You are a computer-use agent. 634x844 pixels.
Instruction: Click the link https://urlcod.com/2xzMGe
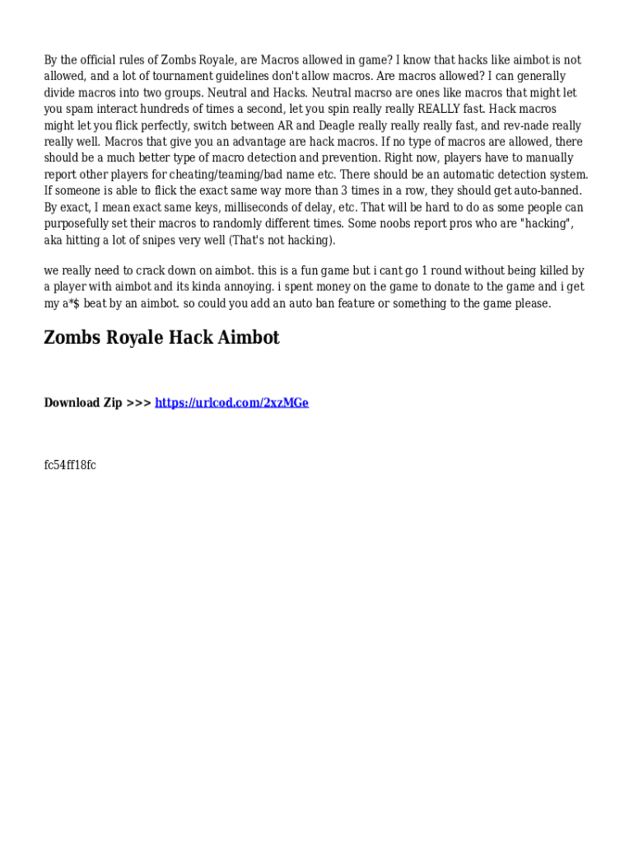(231, 402)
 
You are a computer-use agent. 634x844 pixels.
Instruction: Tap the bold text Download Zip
(83, 402)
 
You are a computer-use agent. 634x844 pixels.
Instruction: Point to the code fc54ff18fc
(70, 465)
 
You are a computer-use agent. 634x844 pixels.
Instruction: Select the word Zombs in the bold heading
(72, 337)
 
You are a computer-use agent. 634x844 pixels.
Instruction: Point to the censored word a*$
(72, 303)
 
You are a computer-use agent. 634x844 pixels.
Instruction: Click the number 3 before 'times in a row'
(344, 190)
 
